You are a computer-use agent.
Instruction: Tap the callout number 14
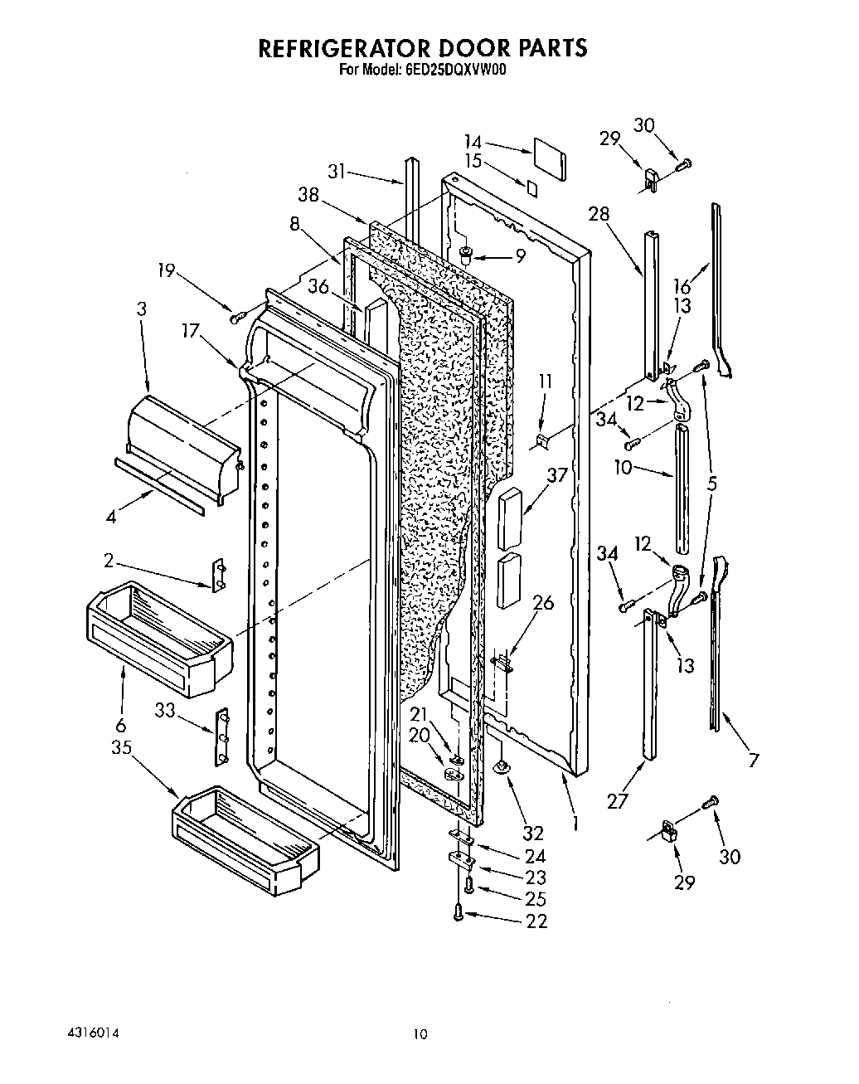coord(473,142)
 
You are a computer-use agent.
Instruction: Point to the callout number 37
coord(557,475)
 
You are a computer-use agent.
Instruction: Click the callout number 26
coord(543,603)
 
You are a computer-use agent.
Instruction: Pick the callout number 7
coord(753,761)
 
